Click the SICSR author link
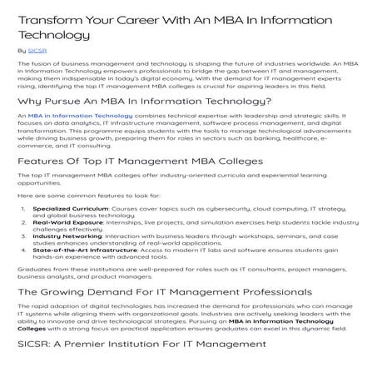36,51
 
